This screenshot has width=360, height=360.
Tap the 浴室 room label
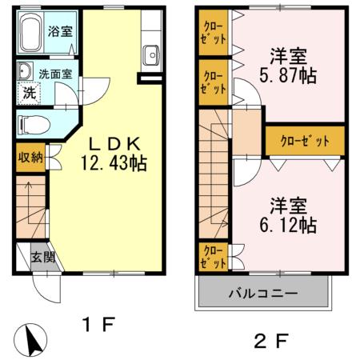59,32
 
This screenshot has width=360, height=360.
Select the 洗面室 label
56,74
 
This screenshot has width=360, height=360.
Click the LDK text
114,145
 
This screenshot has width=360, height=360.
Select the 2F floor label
270,342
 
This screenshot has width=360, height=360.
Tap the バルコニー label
265,293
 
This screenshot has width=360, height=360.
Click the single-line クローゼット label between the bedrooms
305,141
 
